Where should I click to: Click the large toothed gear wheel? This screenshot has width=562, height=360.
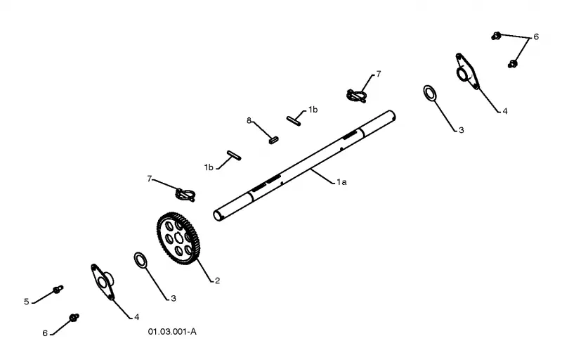pos(178,238)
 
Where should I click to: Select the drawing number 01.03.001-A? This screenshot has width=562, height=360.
pos(172,332)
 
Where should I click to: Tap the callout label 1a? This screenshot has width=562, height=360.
pos(341,182)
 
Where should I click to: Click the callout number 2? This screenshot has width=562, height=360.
pos(217,281)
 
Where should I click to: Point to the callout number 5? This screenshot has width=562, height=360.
pos(27,302)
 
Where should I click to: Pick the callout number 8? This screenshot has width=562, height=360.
pos(249,120)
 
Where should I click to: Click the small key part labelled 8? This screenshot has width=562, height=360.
pos(273,140)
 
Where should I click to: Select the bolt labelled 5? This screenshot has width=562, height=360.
pos(58,289)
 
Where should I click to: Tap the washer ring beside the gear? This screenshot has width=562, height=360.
pos(140,260)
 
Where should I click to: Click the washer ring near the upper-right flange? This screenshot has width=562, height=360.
pos(430,93)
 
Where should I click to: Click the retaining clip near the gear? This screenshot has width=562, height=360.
pos(185,194)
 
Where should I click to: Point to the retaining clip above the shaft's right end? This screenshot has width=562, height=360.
pos(357,96)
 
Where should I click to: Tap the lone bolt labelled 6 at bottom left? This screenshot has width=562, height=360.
pos(74,317)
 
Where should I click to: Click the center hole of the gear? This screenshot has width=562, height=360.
pos(179,238)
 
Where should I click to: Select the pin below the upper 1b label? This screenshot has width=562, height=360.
pos(294,120)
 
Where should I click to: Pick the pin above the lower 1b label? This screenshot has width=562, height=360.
pos(234,155)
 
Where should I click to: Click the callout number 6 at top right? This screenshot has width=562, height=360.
pos(536,37)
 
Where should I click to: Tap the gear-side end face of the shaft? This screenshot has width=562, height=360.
pos(217,215)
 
